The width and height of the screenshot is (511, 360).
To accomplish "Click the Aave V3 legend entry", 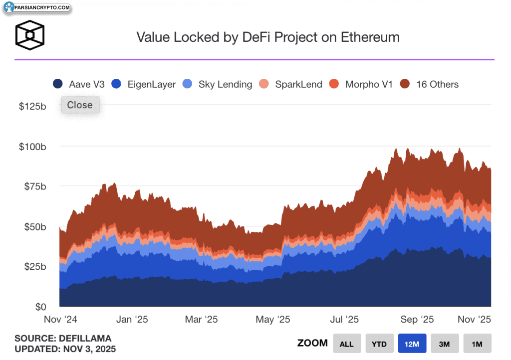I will tap(79, 84).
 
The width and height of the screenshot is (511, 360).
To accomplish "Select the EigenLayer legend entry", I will tap(144, 84).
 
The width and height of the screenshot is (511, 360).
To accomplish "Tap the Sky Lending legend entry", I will tap(218, 84).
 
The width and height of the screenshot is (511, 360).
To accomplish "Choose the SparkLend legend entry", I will tap(292, 84).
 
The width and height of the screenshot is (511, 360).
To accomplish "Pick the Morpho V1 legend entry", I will tap(362, 84).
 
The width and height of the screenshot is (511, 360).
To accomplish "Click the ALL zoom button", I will tap(346, 344).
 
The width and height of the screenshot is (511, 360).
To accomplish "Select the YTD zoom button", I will tap(379, 344).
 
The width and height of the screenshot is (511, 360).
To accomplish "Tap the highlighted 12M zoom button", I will tap(412, 344).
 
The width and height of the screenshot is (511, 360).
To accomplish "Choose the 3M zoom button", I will tap(444, 344).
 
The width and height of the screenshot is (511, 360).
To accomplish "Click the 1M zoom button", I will tap(477, 344).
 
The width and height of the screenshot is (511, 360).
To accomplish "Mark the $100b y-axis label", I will tap(32, 147).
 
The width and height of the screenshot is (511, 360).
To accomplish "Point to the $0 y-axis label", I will tap(39, 307).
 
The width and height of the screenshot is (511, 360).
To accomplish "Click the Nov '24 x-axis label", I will tap(59, 320).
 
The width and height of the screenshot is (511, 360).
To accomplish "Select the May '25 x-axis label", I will tap(272, 320).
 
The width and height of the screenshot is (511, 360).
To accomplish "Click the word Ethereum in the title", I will tap(370, 37).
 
